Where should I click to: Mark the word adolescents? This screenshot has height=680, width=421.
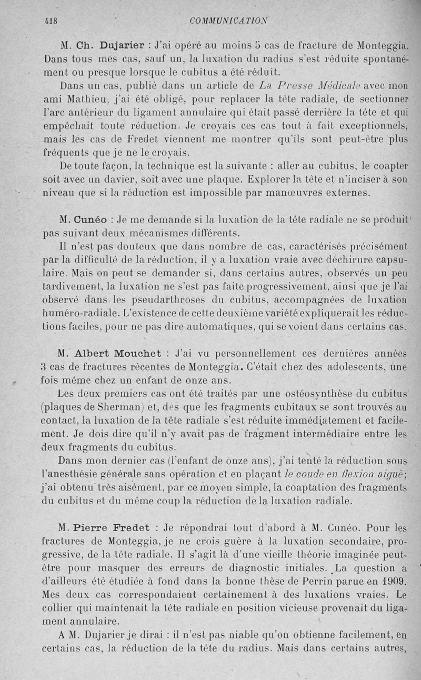[350, 366]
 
